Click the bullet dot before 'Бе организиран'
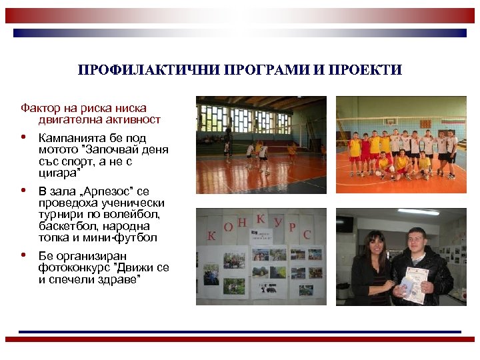pyautogui.click(x=24, y=255)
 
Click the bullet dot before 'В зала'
pyautogui.click(x=24, y=191)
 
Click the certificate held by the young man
pyautogui.click(x=411, y=283)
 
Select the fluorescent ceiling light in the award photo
pyautogui.click(x=419, y=212)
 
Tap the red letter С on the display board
pyautogui.click(x=307, y=235)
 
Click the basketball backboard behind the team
pyautogui.click(x=389, y=122)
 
